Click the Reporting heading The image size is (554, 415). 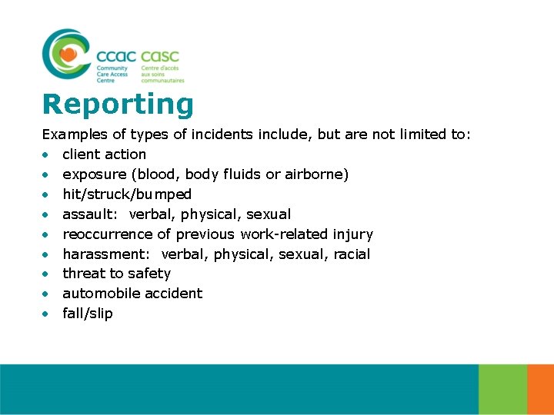118,105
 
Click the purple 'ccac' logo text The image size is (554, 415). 116,56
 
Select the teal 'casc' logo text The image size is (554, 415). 160,56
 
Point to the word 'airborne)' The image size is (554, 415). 317,174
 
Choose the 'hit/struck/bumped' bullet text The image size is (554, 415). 127,194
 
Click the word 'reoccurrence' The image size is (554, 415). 107,234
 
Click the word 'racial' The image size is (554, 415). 352,254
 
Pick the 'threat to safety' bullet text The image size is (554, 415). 116,274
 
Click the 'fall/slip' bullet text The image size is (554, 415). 87,314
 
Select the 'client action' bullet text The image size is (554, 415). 104,154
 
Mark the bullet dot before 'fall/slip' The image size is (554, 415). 47,314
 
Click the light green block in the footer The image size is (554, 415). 502,389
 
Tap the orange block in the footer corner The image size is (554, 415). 541,389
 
